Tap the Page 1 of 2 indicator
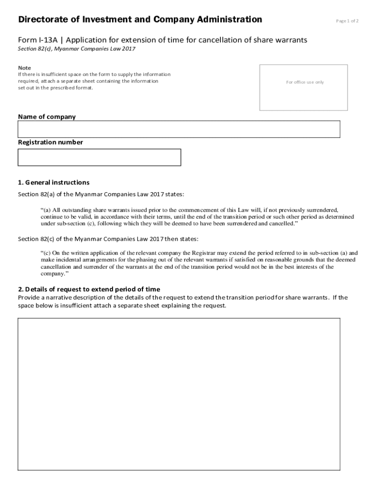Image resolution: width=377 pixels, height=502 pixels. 347,21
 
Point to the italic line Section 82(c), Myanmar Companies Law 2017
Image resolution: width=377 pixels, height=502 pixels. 77,49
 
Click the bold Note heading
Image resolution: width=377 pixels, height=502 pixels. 24,68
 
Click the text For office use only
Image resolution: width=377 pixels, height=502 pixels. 305,82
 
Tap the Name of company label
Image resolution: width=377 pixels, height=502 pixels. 47,117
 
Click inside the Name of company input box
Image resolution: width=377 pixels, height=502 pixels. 179,129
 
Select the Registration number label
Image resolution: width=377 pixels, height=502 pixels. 50,142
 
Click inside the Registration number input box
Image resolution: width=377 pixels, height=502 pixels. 99,157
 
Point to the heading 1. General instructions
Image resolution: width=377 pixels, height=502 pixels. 54,182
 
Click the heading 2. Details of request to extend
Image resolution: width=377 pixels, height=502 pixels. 89,289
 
